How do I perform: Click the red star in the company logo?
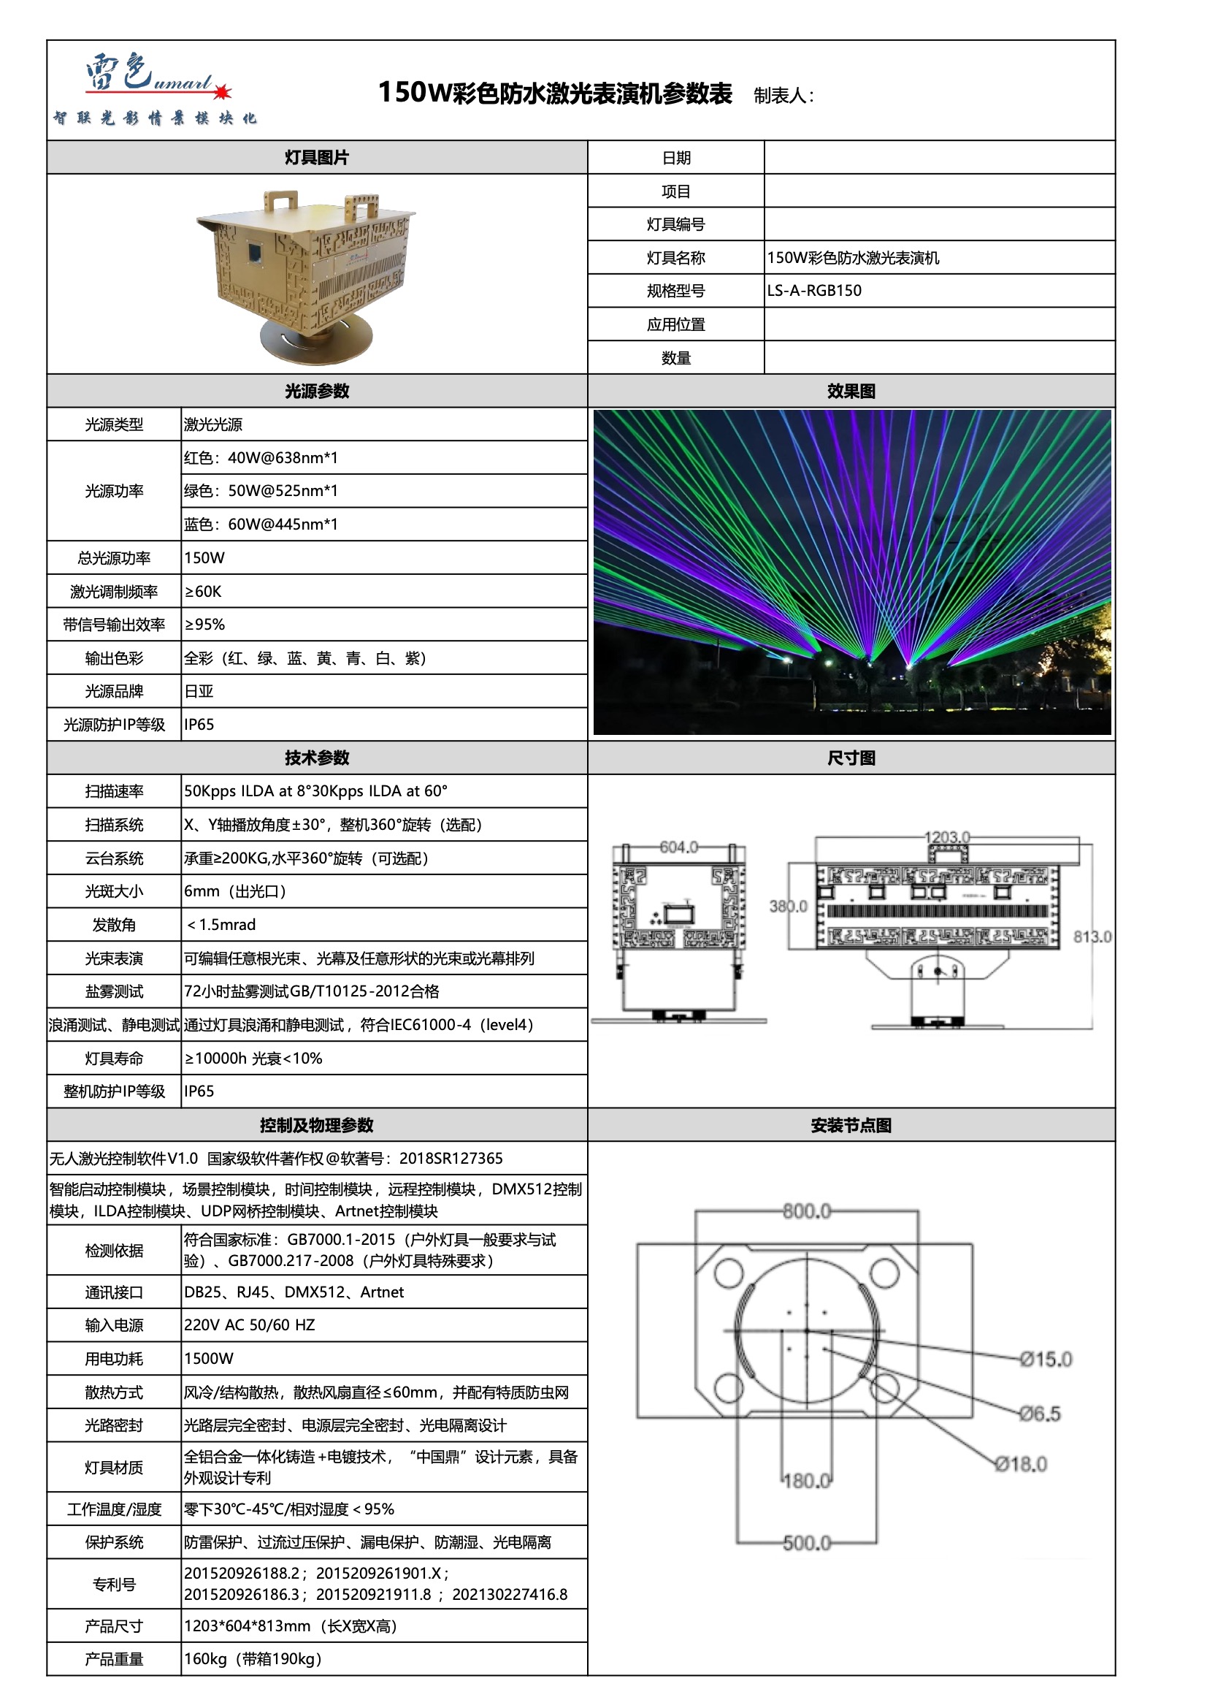click(223, 92)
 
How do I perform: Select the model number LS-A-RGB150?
click(814, 291)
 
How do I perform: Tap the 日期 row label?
click(676, 158)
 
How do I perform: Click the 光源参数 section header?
click(317, 392)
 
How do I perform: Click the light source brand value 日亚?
click(199, 691)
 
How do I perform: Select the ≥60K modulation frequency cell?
click(203, 592)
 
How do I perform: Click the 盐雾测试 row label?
click(114, 991)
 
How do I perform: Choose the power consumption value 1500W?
click(208, 1358)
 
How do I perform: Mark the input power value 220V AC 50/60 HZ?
click(249, 1325)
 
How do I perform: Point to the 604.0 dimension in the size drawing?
click(678, 847)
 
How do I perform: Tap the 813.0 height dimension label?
click(1092, 937)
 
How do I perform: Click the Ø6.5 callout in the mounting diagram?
click(1040, 1414)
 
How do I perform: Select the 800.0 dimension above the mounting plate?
click(806, 1212)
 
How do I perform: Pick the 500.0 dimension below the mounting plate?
click(806, 1543)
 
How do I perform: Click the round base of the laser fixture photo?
click(315, 342)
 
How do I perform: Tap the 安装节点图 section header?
click(851, 1126)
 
